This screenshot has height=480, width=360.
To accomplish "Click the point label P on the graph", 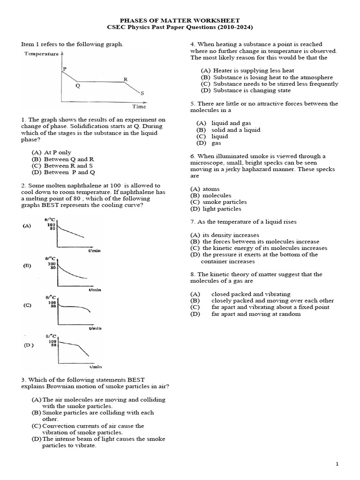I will (64, 68).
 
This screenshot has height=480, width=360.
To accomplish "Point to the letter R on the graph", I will (125, 79).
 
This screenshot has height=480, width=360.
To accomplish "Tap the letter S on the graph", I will (142, 93).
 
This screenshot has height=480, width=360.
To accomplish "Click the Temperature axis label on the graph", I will (41, 54).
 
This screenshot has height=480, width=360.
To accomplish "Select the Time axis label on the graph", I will (139, 106).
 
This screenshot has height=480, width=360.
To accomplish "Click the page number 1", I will (337, 464).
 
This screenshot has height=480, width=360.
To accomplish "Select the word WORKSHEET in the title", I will (217, 21).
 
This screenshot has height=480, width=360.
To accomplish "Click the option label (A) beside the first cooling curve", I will (27, 225).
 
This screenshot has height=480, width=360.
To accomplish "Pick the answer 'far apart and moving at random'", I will (256, 314).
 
